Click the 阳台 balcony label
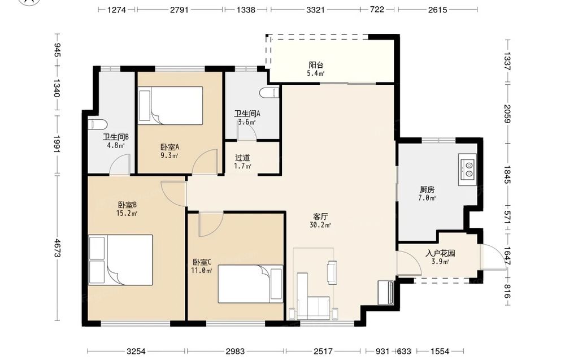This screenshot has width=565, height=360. pyautogui.click(x=316, y=65)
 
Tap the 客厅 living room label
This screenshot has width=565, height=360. pyautogui.click(x=320, y=216)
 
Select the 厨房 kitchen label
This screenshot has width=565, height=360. pyautogui.click(x=427, y=189)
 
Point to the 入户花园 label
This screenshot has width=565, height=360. pyautogui.click(x=440, y=253)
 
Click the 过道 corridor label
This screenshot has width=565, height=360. pyautogui.click(x=242, y=158)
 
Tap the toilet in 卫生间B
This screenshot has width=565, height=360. pyautogui.click(x=98, y=125)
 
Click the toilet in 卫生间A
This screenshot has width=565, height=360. pyautogui.click(x=270, y=93)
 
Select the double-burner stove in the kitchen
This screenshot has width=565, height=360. pyautogui.click(x=467, y=170)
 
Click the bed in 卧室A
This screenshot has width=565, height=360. pyautogui.click(x=171, y=106)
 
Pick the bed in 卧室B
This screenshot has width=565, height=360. pyautogui.click(x=120, y=260)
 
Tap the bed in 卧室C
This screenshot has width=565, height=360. pyautogui.click(x=250, y=284)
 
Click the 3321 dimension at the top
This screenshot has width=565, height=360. pyautogui.click(x=315, y=10)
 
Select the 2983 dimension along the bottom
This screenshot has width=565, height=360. pyautogui.click(x=235, y=350)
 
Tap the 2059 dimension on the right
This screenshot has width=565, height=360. pyautogui.click(x=507, y=114)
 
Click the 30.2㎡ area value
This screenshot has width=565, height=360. pyautogui.click(x=320, y=225)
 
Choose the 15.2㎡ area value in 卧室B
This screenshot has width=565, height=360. pyautogui.click(x=127, y=213)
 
